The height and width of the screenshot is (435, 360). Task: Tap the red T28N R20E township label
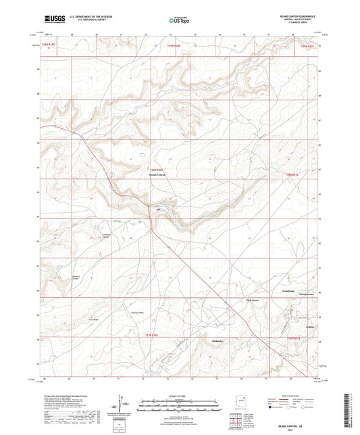tap(157, 169)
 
